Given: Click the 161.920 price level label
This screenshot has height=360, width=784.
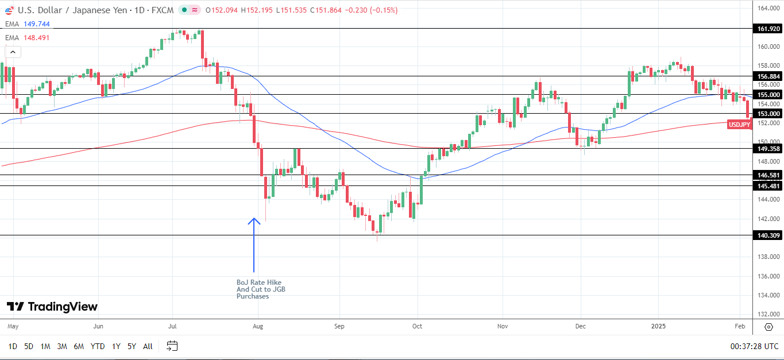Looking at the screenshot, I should point(768,28).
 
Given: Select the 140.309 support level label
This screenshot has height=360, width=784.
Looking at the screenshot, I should point(768,235).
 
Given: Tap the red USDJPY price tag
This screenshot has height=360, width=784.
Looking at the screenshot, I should point(739,125).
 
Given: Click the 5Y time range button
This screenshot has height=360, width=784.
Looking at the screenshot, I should point(132,346).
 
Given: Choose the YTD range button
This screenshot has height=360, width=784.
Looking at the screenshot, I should point(98,346).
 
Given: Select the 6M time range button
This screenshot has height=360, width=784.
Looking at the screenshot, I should point(79,346).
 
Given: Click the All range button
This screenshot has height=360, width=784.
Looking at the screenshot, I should point(148,346).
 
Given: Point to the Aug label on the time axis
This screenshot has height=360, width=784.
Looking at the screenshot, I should point(258,326).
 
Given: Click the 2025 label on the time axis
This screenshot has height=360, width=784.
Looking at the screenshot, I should point(658,326).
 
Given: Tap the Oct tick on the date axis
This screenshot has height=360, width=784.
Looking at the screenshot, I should point(418,326).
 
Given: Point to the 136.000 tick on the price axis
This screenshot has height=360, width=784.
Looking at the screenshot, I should point(768,276).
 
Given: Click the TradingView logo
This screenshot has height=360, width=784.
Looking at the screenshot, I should point(52,307).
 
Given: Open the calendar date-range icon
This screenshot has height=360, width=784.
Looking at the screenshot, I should point(172,346).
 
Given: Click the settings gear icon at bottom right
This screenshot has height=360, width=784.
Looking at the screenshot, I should point(768,327).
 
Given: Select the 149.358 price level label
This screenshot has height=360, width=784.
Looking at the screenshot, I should point(768,149).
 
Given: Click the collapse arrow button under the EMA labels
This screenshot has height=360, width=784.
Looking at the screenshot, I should point(13,52).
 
